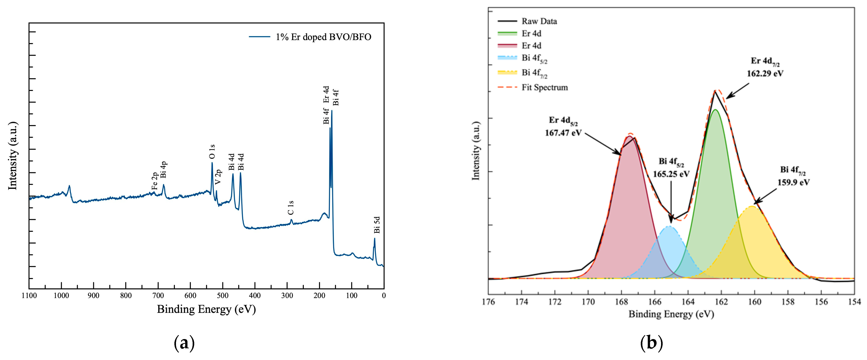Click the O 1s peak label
point(212,152)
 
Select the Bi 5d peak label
point(377,225)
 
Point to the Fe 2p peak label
point(155,181)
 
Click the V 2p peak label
point(218,177)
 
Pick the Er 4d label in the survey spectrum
point(326,94)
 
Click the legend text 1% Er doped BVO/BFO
point(323,37)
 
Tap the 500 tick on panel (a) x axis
point(222,296)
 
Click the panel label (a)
point(184,343)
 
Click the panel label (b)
point(652,343)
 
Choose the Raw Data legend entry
point(539,21)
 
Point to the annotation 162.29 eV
point(765,73)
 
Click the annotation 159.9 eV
point(793,182)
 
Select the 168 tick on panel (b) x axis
point(621,302)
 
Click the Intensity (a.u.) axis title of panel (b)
point(476,151)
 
